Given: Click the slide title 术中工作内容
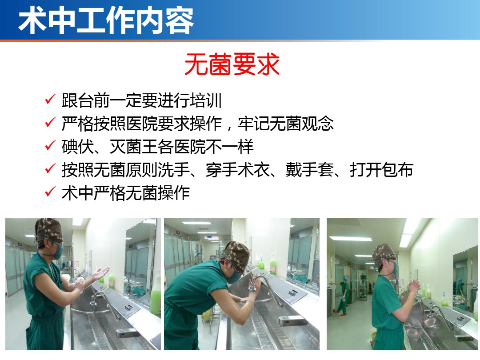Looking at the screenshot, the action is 106,20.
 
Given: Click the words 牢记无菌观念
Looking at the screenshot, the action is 286,124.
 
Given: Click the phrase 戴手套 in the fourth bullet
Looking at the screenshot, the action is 310,170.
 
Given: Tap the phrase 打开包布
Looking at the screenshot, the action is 381,170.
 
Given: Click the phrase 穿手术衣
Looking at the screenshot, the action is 237,170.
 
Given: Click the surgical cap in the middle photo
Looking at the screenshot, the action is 237,256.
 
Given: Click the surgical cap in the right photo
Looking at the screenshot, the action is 384,253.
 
